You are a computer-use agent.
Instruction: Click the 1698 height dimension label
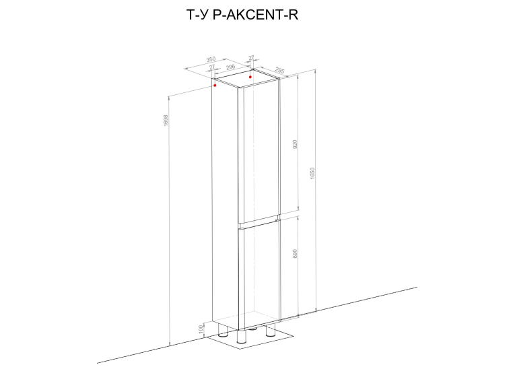click(166, 121)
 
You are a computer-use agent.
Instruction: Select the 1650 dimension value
click(312, 174)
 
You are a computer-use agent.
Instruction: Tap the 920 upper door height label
click(295, 144)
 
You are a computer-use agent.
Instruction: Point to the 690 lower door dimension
click(295, 254)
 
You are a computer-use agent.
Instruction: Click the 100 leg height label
click(201, 329)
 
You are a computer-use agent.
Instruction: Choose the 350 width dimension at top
click(211, 59)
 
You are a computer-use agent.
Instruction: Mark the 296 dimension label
click(231, 67)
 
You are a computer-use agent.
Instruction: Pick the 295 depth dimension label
click(279, 70)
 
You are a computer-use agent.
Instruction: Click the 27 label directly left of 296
click(212, 67)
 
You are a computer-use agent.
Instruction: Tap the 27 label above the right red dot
click(251, 58)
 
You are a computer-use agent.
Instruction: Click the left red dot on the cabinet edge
click(215, 86)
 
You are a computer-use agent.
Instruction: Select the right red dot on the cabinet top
click(250, 77)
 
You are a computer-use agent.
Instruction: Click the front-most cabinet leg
click(242, 336)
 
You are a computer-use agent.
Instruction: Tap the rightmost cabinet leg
click(271, 330)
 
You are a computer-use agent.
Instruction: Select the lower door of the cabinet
click(259, 275)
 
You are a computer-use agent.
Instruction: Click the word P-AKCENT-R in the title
click(256, 15)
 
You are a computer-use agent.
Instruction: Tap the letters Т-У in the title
click(198, 15)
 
